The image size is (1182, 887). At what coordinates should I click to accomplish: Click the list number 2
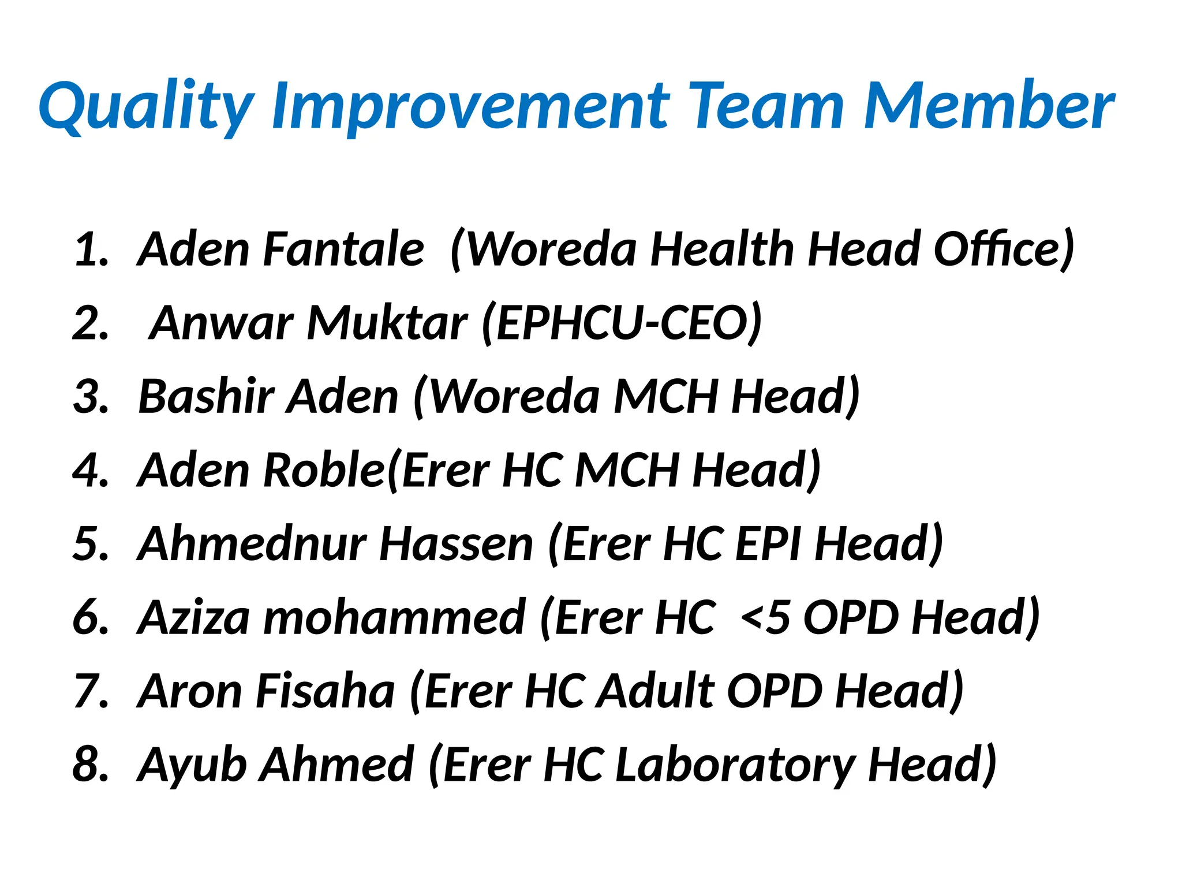(x=91, y=323)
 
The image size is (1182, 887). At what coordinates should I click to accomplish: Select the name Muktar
(x=387, y=323)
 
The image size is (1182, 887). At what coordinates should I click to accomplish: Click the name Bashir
(x=206, y=396)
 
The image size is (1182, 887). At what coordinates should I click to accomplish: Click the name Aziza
(x=194, y=617)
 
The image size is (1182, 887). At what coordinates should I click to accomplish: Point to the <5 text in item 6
(x=765, y=617)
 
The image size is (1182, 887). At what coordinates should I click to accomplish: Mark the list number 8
(x=91, y=765)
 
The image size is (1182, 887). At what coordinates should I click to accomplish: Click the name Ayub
(x=193, y=766)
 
